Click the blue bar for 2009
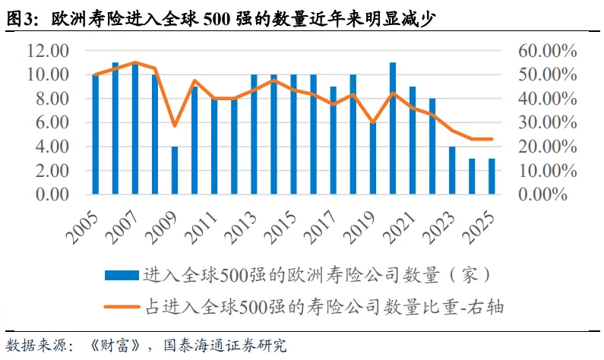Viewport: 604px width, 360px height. pos(175,170)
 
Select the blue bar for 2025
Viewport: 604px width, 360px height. pos(492,176)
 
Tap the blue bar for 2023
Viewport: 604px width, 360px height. pos(452,170)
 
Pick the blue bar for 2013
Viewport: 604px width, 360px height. pos(255,134)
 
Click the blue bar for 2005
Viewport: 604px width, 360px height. pos(96,134)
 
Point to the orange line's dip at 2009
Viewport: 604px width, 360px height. pos(175,125)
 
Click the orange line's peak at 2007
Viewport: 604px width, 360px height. pos(135,62)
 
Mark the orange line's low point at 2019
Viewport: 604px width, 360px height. pos(373,122)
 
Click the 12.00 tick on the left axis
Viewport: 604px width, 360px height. pos(48,50)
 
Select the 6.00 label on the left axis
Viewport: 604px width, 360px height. pos(52,122)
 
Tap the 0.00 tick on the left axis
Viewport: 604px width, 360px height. pos(52,194)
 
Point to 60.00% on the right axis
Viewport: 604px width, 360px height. pos(547,50)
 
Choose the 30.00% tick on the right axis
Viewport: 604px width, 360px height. pos(547,122)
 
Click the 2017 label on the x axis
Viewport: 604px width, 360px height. pos(320,228)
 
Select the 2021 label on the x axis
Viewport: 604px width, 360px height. pos(400,228)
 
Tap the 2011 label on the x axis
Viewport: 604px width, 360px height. pos(201,228)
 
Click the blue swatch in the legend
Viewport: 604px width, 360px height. pos(122,275)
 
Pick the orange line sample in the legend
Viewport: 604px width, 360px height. pos(122,307)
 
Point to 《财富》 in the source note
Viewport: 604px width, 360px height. pos(114,345)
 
